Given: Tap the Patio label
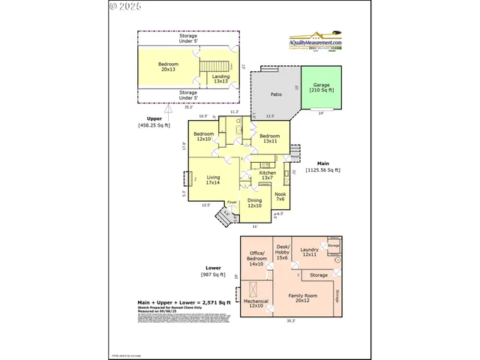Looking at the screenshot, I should point(276,95).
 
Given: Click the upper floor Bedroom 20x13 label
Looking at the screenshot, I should point(169,67).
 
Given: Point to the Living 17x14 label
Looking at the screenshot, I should point(213,180).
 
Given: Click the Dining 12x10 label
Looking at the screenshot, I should point(255,203).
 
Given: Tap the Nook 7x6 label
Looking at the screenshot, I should point(280,196).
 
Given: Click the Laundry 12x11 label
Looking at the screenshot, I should point(309,253).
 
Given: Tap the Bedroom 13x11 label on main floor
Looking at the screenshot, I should point(269,139).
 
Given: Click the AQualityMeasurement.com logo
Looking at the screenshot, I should point(316,40).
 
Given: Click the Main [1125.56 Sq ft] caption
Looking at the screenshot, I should point(323,167).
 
